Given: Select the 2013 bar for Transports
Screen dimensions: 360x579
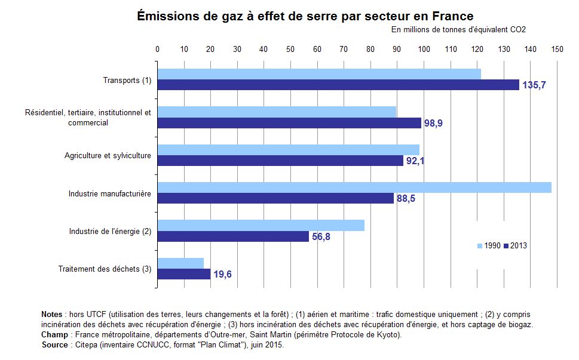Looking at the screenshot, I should (338, 85).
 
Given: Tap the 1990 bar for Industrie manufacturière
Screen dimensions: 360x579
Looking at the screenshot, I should (354, 187).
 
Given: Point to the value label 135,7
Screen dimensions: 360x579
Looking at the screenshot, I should (534, 85).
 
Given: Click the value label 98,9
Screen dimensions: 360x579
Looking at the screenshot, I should (433, 123).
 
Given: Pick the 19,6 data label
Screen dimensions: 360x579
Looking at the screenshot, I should (222, 275).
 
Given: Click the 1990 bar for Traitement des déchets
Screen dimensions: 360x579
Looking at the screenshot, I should (180, 263).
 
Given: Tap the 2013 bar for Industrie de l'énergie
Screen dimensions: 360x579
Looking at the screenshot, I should (233, 236).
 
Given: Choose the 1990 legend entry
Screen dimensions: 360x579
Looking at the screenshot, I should (488, 245).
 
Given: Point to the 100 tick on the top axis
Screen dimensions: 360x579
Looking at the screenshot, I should (424, 50).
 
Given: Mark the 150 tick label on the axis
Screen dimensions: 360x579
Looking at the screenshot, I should (557, 50).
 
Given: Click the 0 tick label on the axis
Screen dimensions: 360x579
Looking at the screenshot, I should (157, 50).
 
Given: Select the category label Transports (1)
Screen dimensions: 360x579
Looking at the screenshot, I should (127, 80).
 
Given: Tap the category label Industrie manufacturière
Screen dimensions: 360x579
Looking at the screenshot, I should (109, 193).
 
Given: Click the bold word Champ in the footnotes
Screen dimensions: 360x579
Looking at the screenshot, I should (54, 335).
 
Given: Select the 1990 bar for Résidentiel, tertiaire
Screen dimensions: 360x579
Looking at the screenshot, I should (277, 112).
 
